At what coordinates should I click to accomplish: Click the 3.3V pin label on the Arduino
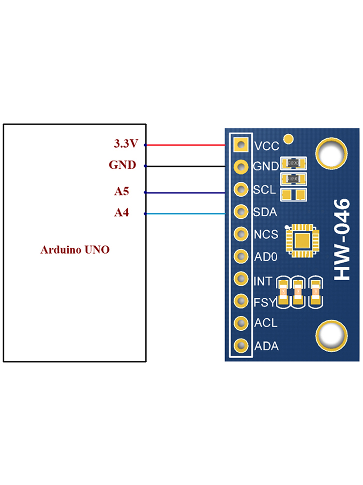[x=126, y=144]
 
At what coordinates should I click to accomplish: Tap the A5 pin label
[x=121, y=192]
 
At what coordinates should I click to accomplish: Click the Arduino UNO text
[x=75, y=250]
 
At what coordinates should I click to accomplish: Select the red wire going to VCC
[x=186, y=145]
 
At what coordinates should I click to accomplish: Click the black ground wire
[x=186, y=166]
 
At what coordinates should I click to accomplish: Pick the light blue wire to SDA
[x=186, y=214]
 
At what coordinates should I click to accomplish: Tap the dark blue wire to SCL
[x=186, y=193]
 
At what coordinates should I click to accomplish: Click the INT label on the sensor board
[x=263, y=280]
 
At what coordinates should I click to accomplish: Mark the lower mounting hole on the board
[x=332, y=335]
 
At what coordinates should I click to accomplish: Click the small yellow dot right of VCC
[x=288, y=140]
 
